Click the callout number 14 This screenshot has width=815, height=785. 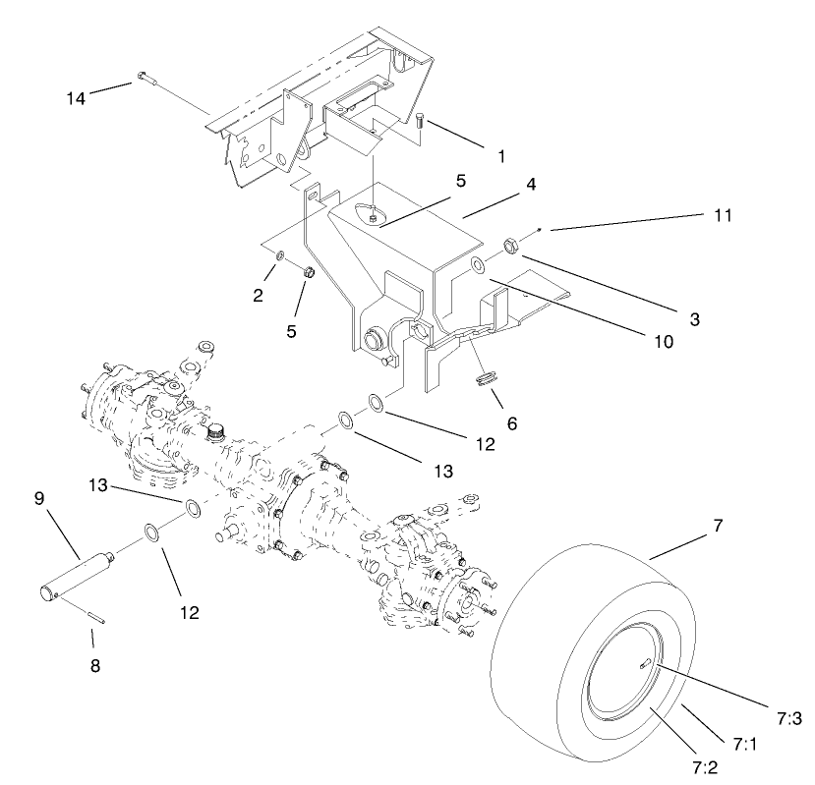[x=76, y=97]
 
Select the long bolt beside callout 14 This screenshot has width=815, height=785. [x=146, y=79]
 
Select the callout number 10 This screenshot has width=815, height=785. [x=660, y=342]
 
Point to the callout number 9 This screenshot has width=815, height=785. [x=39, y=498]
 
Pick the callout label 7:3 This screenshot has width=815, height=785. [x=787, y=718]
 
